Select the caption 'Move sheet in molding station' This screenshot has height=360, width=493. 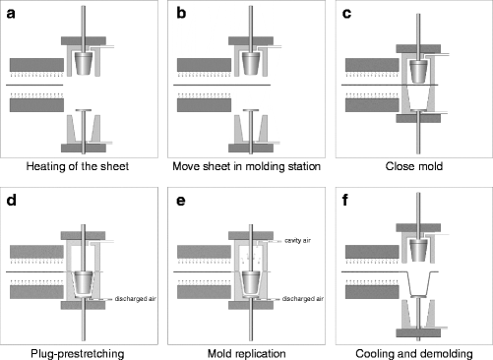(x=246, y=167)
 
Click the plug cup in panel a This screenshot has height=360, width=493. (x=90, y=62)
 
